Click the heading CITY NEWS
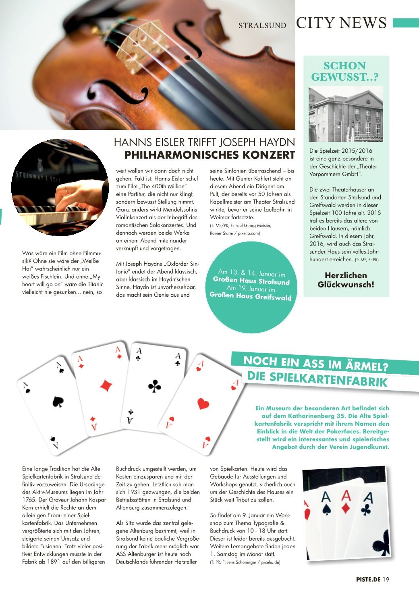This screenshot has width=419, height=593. (341, 23)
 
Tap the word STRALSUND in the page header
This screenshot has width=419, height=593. (262, 25)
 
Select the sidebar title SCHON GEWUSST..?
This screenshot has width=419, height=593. (345, 71)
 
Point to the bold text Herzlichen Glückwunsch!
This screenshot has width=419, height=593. (346, 280)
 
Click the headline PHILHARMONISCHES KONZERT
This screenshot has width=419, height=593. (209, 155)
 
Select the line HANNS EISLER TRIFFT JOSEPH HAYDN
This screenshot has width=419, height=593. (204, 142)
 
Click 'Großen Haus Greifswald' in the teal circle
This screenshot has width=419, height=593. (251, 296)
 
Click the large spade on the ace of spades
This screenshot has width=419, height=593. (58, 401)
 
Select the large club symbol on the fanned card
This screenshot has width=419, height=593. (155, 386)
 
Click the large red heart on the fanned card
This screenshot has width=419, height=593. (203, 404)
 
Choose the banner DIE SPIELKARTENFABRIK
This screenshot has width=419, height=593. (317, 379)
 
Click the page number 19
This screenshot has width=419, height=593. (386, 580)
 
